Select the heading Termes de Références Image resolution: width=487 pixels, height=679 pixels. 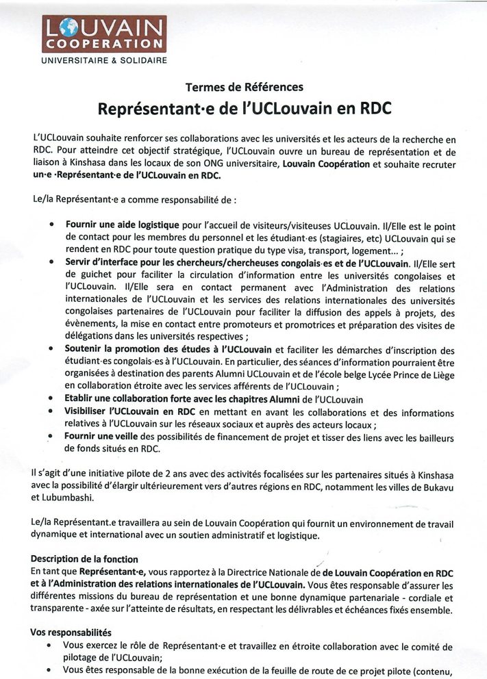coord(243,87)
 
